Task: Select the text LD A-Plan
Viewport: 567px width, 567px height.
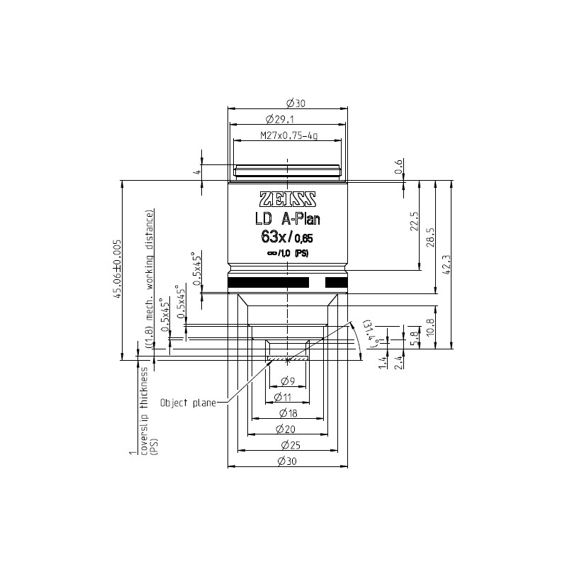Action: pos(287,220)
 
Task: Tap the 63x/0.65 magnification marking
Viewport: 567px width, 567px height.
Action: pos(287,238)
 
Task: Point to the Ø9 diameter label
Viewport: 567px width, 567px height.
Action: pos(287,380)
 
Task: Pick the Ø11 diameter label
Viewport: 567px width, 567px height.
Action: pos(287,396)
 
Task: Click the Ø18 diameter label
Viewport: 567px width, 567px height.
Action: pos(287,412)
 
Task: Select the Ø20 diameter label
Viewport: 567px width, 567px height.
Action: pos(287,429)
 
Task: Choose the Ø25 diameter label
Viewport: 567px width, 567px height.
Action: pos(287,445)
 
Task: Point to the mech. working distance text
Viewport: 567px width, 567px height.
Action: pos(150,276)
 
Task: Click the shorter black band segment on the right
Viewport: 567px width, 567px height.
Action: pos(336,283)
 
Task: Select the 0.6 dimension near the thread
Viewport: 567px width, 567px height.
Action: pos(398,167)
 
